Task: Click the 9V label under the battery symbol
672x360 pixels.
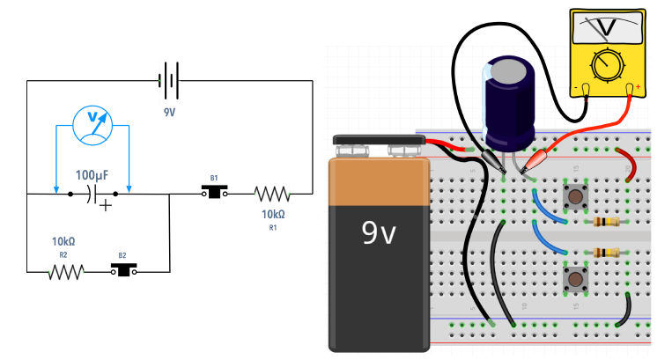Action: (168, 113)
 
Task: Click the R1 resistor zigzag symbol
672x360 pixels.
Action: (272, 193)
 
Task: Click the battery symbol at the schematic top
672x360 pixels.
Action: (169, 82)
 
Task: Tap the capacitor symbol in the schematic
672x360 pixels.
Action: (94, 194)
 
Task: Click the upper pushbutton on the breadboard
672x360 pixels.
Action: (578, 195)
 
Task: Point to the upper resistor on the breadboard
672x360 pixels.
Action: (607, 222)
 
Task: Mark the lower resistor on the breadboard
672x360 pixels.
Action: (607, 253)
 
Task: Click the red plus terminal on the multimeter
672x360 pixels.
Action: (631, 88)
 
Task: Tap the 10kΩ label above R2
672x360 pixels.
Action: (63, 241)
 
